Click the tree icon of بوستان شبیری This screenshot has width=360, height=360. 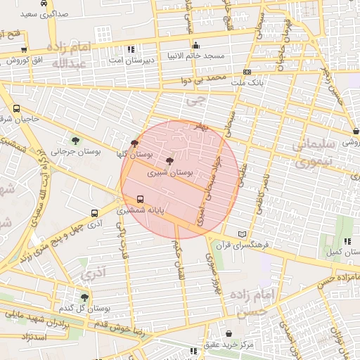pos(169,161)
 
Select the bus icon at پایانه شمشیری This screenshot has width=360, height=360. pos(140,199)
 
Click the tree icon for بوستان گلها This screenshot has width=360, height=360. pos(135,143)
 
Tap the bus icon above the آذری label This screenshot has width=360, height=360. pos(95,213)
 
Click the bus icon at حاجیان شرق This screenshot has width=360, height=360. pos(17,109)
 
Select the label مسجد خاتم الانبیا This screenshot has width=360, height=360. pos(195,56)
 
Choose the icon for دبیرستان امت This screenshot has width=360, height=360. pos(131,50)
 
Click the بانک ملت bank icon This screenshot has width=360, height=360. pos(246,72)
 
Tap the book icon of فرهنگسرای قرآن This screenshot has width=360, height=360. pos(243,234)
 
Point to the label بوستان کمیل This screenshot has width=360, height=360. pos(340,252)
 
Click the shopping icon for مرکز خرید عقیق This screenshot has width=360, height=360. pos(229,333)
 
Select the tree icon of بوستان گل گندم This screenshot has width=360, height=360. pos(84,297)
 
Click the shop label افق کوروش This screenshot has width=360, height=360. pos(29,60)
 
